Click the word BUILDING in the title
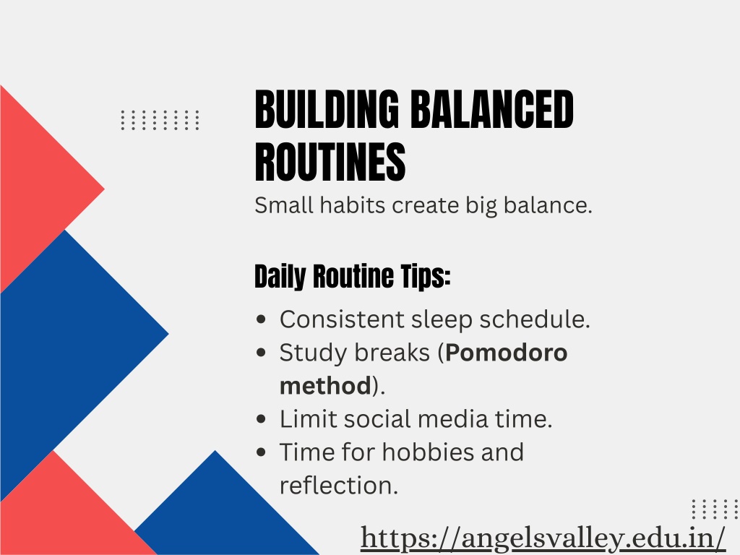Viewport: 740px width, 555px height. pyautogui.click(x=327, y=109)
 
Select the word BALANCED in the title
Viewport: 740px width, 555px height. pyautogui.click(x=492, y=109)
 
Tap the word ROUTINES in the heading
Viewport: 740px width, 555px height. pyautogui.click(x=330, y=163)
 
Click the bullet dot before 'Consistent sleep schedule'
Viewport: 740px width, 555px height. pyautogui.click(x=261, y=319)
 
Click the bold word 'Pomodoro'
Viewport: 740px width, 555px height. pyautogui.click(x=506, y=353)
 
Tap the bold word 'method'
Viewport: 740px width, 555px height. pyautogui.click(x=325, y=386)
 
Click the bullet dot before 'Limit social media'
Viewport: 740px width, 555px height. pyautogui.click(x=261, y=419)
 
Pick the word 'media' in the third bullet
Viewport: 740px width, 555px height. pyautogui.click(x=452, y=419)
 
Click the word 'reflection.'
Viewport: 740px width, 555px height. pyautogui.click(x=339, y=486)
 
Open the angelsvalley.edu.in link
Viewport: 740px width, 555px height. pyautogui.click(x=543, y=538)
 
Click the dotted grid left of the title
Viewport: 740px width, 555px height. pyautogui.click(x=160, y=120)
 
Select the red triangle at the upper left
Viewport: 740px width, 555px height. pyautogui.click(x=43, y=189)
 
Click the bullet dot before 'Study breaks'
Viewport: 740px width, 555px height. pyautogui.click(x=261, y=353)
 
